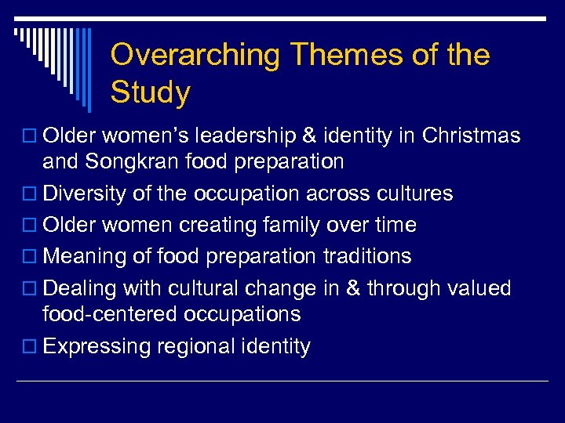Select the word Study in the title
[151, 92]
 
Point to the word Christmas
[471, 136]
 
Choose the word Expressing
[97, 346]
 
